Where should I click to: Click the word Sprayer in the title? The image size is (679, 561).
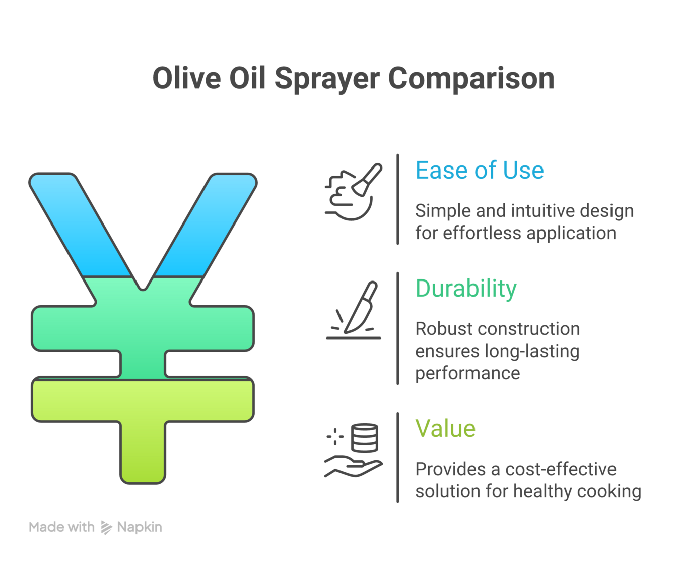click(327, 79)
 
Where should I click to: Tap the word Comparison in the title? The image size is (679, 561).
click(471, 79)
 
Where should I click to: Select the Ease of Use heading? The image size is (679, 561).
click(480, 170)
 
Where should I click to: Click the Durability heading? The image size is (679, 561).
click(466, 289)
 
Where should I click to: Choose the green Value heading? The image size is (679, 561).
click(445, 428)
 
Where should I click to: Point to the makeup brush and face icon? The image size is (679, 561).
click(354, 192)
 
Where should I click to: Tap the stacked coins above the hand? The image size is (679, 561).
click(365, 438)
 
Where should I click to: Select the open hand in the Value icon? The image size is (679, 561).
click(354, 468)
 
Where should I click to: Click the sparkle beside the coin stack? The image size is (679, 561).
click(335, 436)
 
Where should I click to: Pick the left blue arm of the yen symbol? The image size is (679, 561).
click(80, 225)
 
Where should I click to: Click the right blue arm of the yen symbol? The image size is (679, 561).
click(206, 225)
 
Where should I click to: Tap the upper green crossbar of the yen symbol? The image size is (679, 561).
click(143, 328)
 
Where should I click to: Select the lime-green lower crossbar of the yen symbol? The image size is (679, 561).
click(143, 401)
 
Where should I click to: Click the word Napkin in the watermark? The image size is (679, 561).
click(140, 527)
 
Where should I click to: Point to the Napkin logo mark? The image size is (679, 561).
click(106, 527)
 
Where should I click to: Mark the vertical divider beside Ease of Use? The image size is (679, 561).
click(398, 199)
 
